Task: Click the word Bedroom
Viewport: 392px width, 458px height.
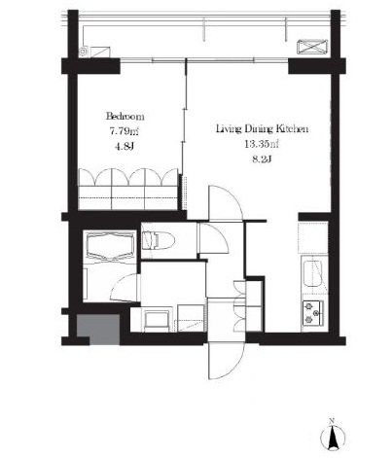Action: pos(125,116)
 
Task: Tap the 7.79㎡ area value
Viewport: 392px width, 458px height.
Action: pos(125,131)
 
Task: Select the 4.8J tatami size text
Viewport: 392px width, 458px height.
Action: pos(125,147)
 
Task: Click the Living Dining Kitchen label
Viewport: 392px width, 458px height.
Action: pos(262,129)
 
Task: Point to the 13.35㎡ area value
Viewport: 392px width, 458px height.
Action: pos(262,144)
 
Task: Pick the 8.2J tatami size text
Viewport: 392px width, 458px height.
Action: pos(262,159)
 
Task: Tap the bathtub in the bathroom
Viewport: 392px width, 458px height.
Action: pos(111,246)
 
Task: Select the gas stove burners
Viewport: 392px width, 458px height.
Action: pos(313,312)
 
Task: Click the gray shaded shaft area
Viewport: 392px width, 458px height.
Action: pos(98,329)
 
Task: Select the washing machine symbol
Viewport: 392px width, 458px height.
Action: pos(157,321)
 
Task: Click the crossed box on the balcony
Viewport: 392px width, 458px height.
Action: pos(312,47)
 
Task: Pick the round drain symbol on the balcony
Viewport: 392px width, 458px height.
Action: pos(84,52)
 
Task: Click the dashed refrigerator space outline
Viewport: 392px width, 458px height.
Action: pos(313,237)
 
